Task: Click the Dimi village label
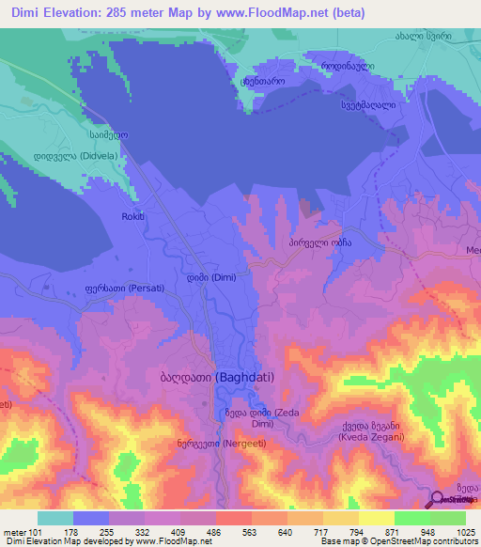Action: tap(210, 277)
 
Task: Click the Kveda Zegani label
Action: tap(371, 433)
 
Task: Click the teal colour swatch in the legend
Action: tap(55, 519)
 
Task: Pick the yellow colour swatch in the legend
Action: tap(377, 519)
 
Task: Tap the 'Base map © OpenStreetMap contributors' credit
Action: tap(399, 540)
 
